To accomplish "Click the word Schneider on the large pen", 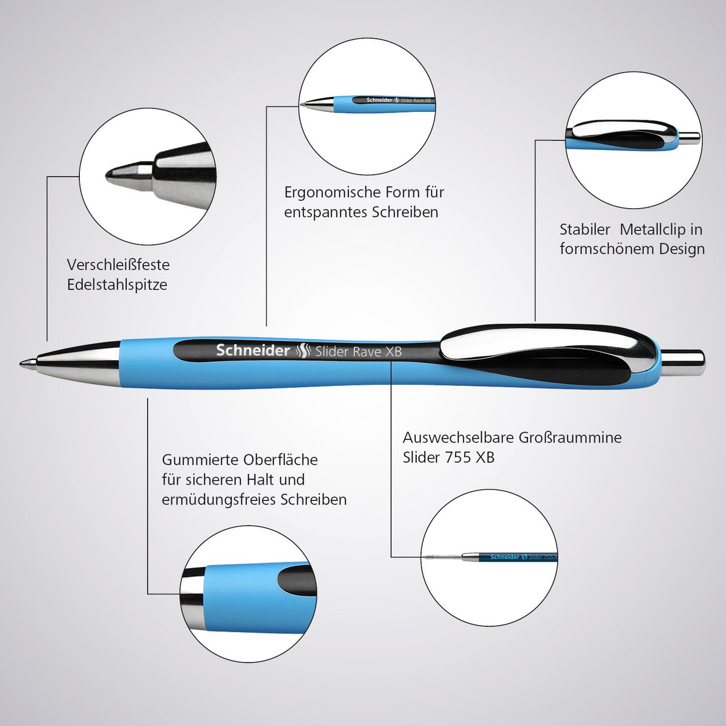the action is pyautogui.click(x=253, y=350).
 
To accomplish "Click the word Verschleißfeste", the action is pyautogui.click(x=119, y=265).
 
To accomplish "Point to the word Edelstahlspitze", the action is pyautogui.click(x=117, y=285).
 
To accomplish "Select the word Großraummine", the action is pyautogui.click(x=570, y=437).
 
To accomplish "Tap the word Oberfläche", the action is pyautogui.click(x=280, y=460).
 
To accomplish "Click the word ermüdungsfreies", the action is pyautogui.click(x=218, y=500).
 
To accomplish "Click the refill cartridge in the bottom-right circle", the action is pyautogui.click(x=491, y=557).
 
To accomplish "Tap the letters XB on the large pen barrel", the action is pyautogui.click(x=393, y=352).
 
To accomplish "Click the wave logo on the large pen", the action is pyautogui.click(x=302, y=351).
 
